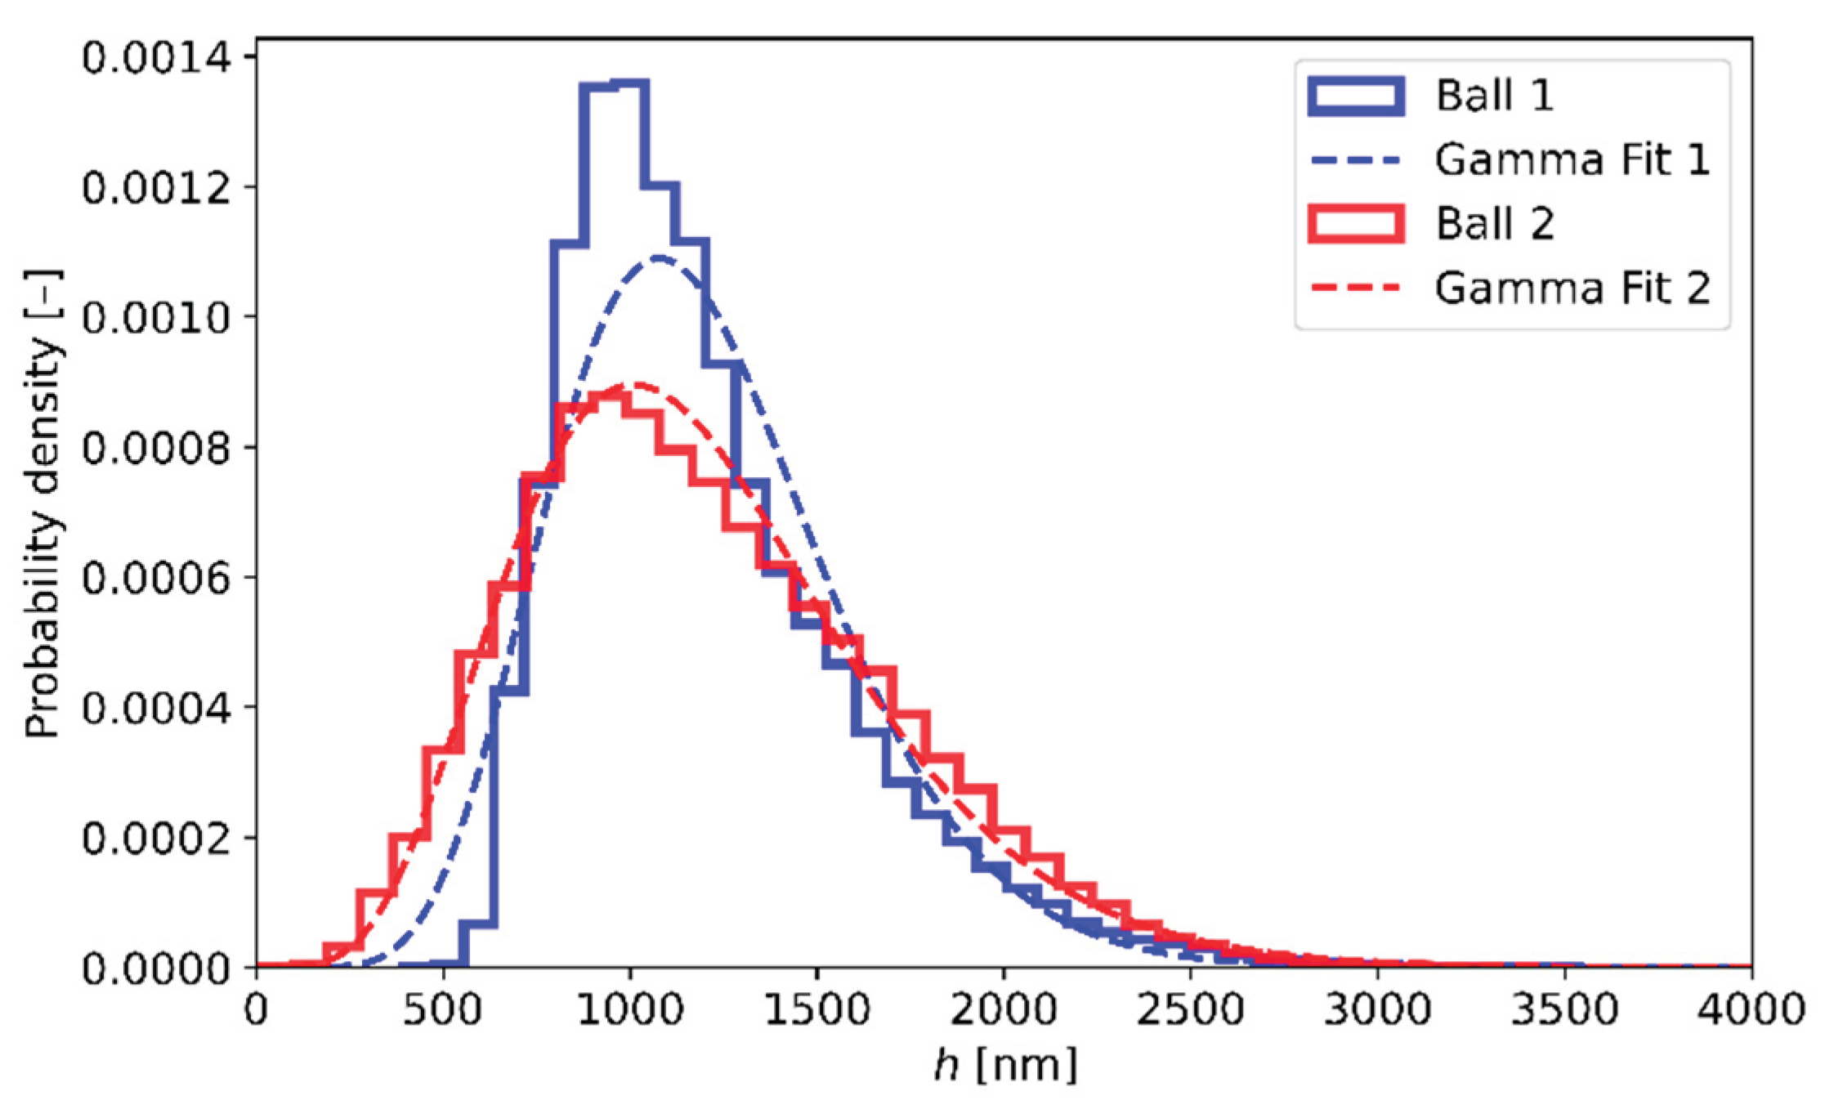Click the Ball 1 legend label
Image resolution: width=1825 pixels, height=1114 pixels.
(x=1494, y=96)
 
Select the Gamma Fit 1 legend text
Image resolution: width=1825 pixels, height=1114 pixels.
(x=1572, y=159)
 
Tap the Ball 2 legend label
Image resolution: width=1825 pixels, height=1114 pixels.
(x=1494, y=223)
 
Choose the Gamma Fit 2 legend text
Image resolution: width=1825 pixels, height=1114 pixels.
(x=1572, y=288)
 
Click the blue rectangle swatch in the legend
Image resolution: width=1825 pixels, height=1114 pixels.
(x=1356, y=96)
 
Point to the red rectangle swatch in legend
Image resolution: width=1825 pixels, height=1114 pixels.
(x=1356, y=223)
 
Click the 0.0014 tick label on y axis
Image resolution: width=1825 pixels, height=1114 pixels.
(x=156, y=58)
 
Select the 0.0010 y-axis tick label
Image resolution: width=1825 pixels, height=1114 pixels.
(x=156, y=318)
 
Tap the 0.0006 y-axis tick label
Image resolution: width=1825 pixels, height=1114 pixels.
(x=156, y=578)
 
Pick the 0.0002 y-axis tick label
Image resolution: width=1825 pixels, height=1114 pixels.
(x=156, y=839)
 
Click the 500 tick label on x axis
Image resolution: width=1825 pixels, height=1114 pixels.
(x=443, y=1010)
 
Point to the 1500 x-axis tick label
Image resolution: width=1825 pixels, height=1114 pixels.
(x=816, y=1010)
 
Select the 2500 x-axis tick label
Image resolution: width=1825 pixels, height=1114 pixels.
(x=1190, y=1010)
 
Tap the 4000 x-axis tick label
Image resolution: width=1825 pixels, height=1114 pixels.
(x=1750, y=1010)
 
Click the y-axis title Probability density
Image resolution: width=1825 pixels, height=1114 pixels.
(x=42, y=503)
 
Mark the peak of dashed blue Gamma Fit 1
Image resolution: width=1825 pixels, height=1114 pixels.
(x=659, y=259)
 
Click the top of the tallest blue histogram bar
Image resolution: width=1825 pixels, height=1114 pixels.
(x=630, y=83)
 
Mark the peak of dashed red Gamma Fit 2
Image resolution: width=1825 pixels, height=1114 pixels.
(x=633, y=383)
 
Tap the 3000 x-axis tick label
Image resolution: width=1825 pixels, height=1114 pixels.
(x=1377, y=1010)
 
